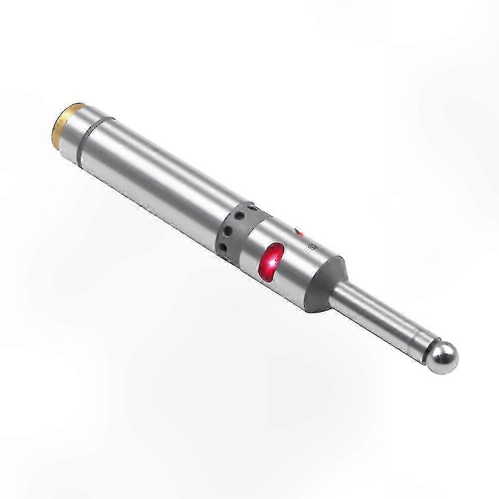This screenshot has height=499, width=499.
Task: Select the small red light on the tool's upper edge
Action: coord(299,232)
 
